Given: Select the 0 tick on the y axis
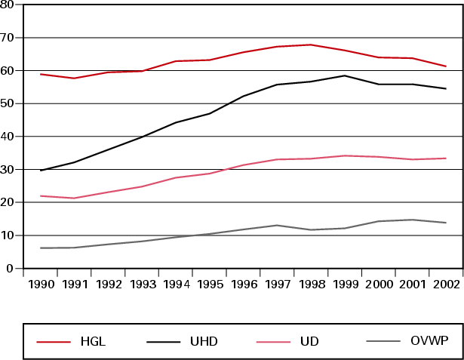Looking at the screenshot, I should point(10,269).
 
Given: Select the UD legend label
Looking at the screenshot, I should point(309,342).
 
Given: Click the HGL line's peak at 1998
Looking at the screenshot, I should point(311,45).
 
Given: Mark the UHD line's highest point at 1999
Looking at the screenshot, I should point(345,75).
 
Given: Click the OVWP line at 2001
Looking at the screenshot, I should point(412,220).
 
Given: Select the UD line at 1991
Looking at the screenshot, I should point(75,198).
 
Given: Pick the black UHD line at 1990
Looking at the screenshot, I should point(41,171).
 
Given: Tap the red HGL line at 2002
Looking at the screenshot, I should point(445,66).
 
